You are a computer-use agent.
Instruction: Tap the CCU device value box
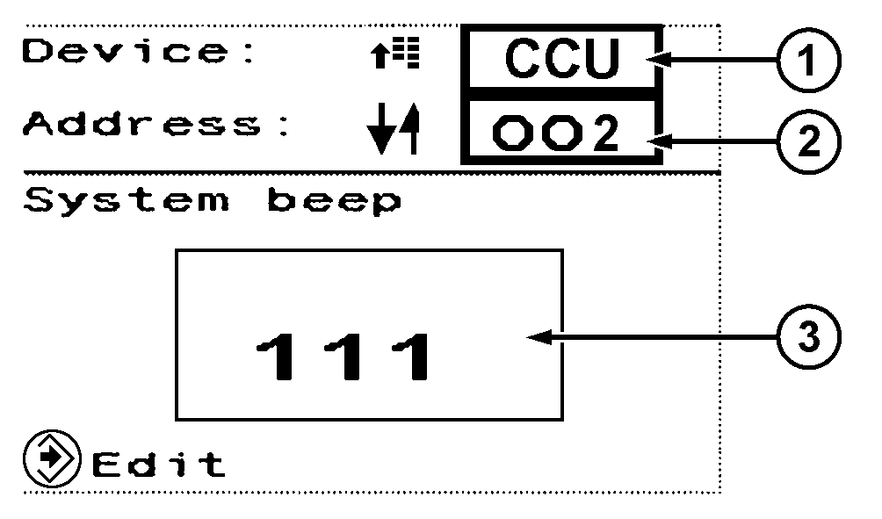coord(562,58)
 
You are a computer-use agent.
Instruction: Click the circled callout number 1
coord(806,58)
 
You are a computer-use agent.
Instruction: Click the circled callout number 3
coord(806,336)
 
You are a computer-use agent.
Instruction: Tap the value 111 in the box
coord(344,357)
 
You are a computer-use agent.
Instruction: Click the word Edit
coord(158,463)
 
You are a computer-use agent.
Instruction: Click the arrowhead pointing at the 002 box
coord(657,138)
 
